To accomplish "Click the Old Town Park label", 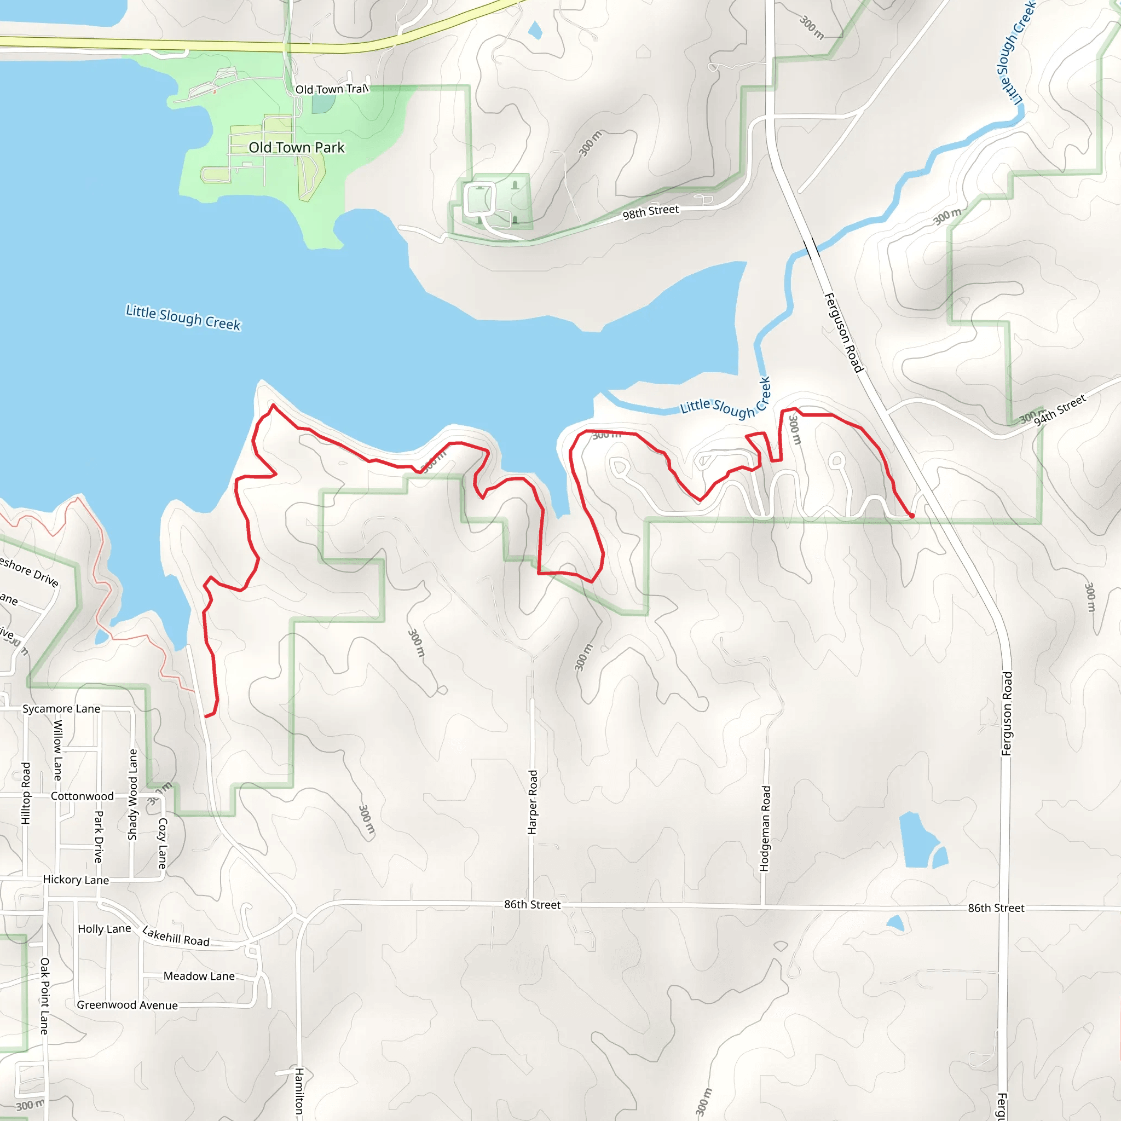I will pos(297,148).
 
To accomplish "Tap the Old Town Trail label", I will pos(331,89).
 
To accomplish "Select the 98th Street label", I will pos(650,212).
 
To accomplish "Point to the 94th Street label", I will pos(1060,410).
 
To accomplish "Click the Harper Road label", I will pos(533,802).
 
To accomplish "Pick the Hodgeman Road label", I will pos(765,829).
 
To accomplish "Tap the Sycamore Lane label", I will pos(61,709).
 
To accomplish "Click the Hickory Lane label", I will pos(76,880).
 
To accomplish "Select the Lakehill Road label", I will pos(176,937).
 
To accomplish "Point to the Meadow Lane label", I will pos(199,976).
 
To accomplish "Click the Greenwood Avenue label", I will pos(127,1005).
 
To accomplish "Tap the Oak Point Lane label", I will pos(45,996).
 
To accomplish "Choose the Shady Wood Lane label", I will pos(133,794).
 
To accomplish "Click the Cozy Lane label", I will pos(163,843).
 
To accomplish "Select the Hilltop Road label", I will pos(26,793).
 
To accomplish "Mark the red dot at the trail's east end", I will pos(911,516).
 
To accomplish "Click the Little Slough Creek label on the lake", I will pos(183,317).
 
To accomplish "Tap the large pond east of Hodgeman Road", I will pos(918,841).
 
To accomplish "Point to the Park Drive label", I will pos(99,836).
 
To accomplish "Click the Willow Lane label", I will pos(58,749).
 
